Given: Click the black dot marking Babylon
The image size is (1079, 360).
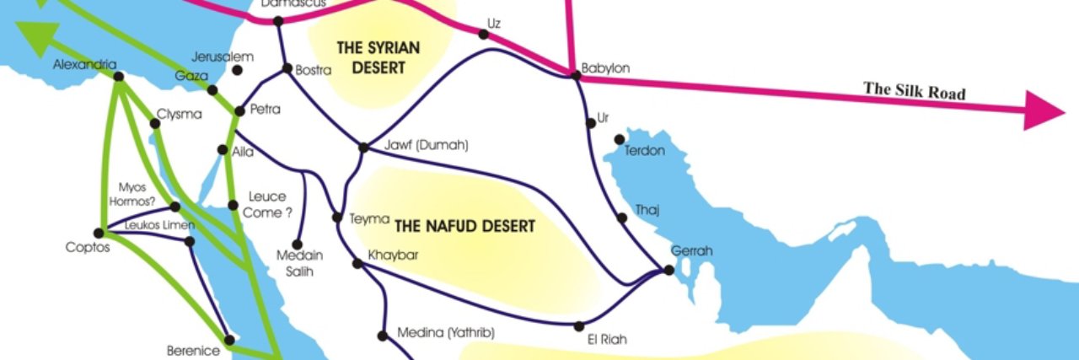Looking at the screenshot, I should [x=577, y=76].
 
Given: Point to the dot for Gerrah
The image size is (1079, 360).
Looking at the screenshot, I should [x=668, y=270].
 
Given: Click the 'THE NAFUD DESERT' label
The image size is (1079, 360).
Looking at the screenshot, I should [x=464, y=226].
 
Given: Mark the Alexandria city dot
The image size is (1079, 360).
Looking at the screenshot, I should [x=119, y=77].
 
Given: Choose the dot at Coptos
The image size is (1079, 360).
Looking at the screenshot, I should [x=99, y=233].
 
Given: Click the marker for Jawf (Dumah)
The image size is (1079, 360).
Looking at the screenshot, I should [x=363, y=148].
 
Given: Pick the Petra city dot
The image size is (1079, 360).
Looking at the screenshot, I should [x=239, y=110].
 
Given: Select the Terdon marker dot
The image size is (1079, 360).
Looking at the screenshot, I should [x=620, y=139].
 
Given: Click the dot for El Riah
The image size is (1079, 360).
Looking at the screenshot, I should [x=578, y=325].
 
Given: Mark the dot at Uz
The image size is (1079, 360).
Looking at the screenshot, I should [x=483, y=35].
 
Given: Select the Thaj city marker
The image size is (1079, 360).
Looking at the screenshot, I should [x=622, y=218].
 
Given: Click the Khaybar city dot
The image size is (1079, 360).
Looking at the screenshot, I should [x=357, y=264].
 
